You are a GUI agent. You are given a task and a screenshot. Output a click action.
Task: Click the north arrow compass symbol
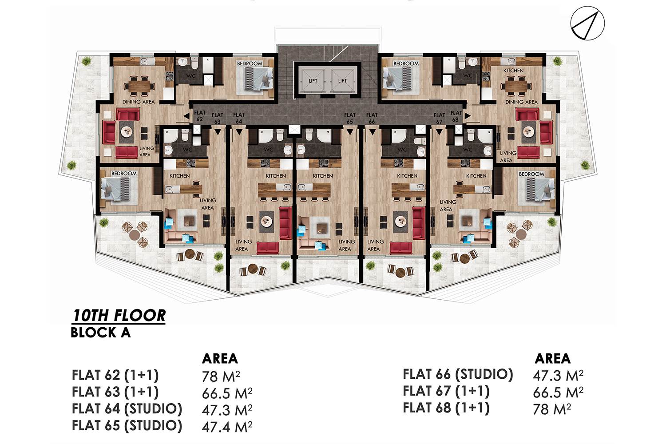tap(587, 23)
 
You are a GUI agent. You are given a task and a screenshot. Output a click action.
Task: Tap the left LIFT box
tap(313, 80)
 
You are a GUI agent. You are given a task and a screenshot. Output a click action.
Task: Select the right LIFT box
tap(342, 80)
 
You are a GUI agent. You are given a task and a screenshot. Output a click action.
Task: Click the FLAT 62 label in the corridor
tap(199, 116)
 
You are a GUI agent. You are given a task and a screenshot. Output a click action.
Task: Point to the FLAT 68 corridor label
tap(456, 116)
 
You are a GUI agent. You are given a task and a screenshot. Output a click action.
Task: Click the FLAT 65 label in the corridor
tap(350, 118)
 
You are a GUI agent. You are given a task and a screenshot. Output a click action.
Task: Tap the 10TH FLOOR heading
tap(119, 316)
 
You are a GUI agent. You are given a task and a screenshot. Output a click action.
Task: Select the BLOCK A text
tap(100, 333)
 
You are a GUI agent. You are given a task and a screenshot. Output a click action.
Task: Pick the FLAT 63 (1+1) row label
tap(115, 392)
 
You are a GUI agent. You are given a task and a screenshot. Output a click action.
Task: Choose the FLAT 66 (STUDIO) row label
tap(458, 374)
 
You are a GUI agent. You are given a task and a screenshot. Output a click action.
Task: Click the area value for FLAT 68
tap(552, 409)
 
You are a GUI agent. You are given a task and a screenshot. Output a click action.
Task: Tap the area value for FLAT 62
tap(221, 377)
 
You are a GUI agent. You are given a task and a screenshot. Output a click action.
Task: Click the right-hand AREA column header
tap(553, 359)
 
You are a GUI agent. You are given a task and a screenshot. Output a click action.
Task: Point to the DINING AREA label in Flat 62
tap(139, 102)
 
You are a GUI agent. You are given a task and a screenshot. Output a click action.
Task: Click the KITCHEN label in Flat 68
tap(513, 71)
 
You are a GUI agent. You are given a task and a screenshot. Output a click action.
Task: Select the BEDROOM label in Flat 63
tap(124, 173)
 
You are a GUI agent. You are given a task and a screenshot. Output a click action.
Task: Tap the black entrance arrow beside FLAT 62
tap(186, 116)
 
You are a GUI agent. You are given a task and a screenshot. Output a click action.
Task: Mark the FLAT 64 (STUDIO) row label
tap(127, 409)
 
